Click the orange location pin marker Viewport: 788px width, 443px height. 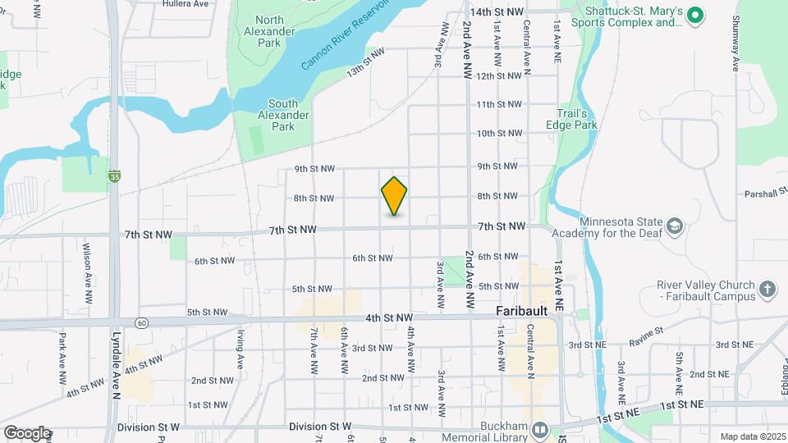[x=394, y=196]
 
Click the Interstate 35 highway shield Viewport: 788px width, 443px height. [x=114, y=176]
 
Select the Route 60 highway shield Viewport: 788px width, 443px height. [x=142, y=322]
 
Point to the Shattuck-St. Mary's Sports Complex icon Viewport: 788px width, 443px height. [x=694, y=15]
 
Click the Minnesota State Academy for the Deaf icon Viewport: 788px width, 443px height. [x=674, y=225]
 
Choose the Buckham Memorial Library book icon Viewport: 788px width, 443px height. [x=539, y=429]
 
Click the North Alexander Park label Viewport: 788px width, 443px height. [x=274, y=30]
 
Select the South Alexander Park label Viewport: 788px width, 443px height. [x=283, y=115]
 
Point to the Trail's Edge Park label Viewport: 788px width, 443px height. [x=571, y=119]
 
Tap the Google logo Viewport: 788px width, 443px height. [x=27, y=432]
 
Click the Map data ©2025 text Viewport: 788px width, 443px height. [x=751, y=436]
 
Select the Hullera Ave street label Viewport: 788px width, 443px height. [x=185, y=4]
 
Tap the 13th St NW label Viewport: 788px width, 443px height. [x=365, y=62]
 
